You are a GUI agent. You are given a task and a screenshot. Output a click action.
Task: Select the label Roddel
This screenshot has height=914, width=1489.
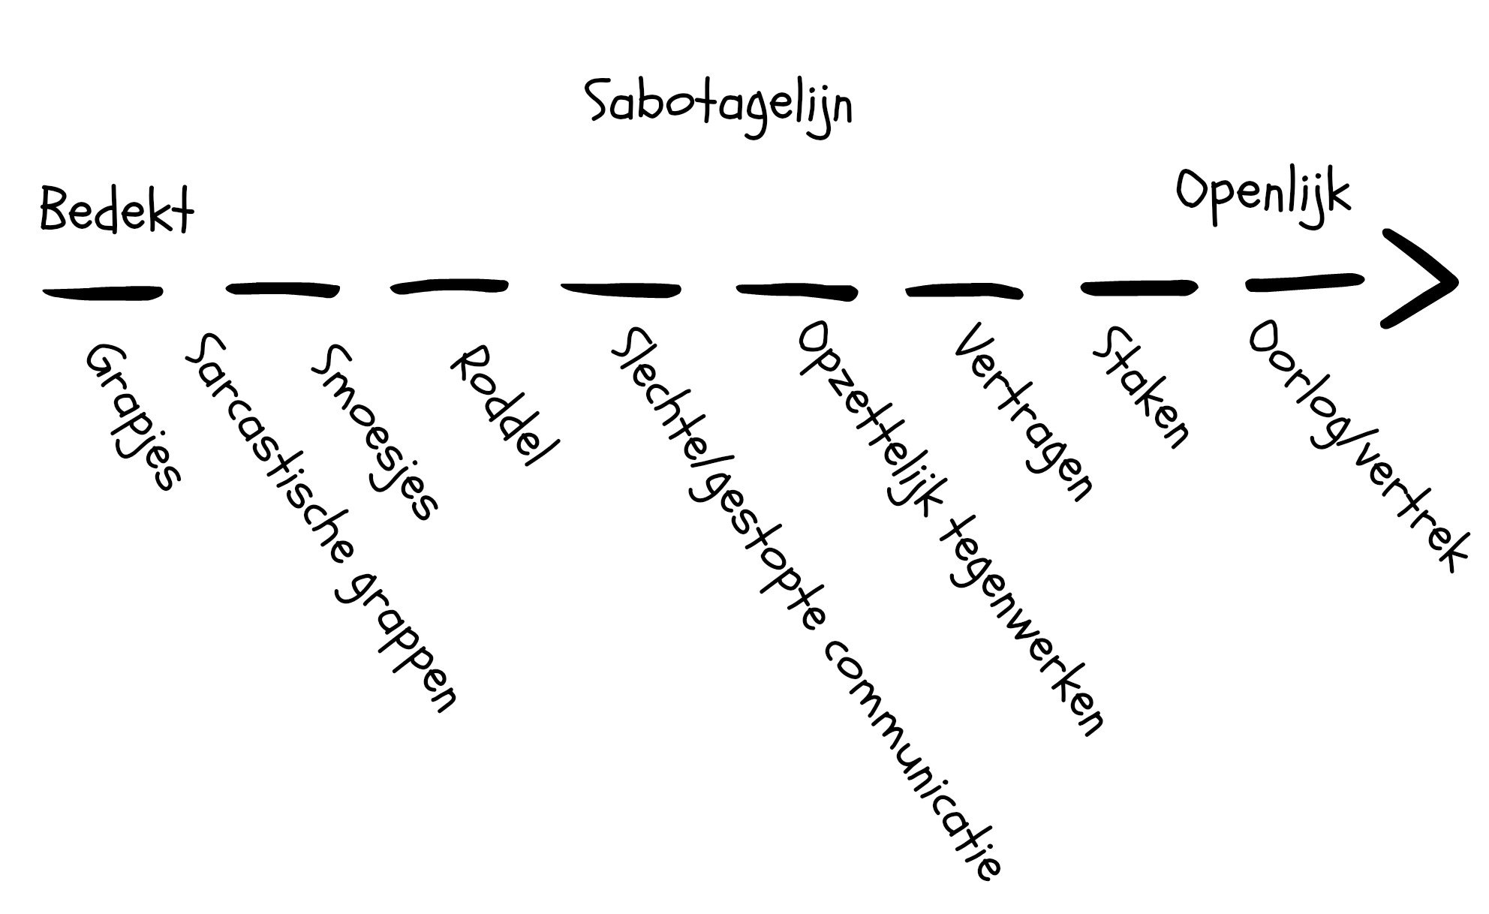point(504,405)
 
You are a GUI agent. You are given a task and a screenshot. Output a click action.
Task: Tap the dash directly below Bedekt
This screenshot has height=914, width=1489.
point(103,291)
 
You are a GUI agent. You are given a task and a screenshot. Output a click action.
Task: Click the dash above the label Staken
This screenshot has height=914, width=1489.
point(1138,287)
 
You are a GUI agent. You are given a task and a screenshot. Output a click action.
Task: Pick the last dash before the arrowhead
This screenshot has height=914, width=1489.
point(1304,282)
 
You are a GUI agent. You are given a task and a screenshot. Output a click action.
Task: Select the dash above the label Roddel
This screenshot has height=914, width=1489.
point(450,286)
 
